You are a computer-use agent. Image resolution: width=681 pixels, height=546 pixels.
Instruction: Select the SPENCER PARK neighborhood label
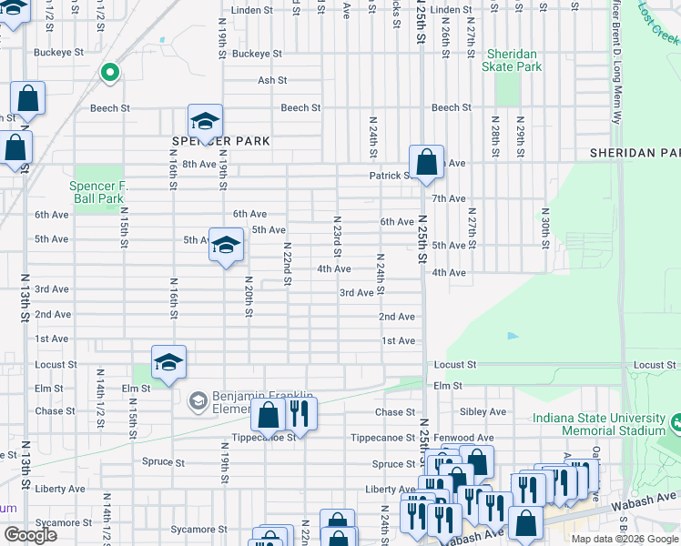tap(208, 141)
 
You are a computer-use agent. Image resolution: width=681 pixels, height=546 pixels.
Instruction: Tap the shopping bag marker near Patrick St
tap(426, 164)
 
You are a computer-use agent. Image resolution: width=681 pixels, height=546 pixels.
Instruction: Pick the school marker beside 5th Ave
tap(227, 246)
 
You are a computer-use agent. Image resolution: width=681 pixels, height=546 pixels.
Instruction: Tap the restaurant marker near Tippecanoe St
tap(300, 415)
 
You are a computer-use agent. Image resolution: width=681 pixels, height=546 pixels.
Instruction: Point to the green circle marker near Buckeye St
tap(109, 73)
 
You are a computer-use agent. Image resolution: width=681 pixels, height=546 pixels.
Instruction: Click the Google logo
tap(30, 535)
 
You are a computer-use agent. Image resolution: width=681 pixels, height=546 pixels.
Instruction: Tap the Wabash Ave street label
tap(651, 498)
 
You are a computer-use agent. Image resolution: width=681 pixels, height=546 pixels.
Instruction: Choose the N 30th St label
tap(544, 227)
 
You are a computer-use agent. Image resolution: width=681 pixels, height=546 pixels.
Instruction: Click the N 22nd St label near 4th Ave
tap(286, 264)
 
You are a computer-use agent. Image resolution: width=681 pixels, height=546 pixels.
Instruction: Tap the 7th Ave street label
tap(449, 198)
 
